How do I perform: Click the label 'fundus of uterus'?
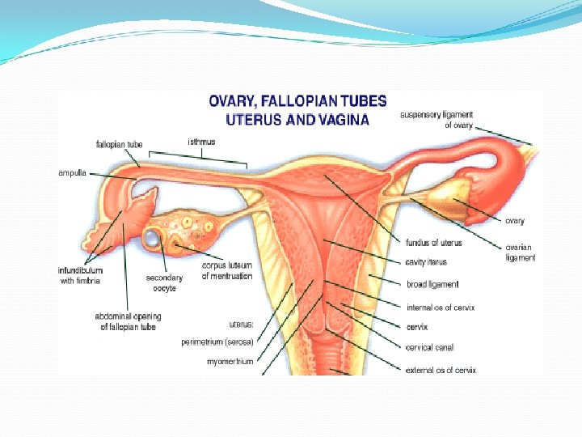[x=433, y=242]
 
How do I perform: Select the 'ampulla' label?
[x=73, y=172]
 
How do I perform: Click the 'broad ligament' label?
[x=432, y=284]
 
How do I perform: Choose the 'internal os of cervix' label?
[x=441, y=305]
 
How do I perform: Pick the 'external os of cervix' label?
[x=441, y=370]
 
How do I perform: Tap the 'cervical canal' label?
[x=429, y=348]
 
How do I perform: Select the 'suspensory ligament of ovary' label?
[x=436, y=121]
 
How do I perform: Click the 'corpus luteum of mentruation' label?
[x=227, y=271]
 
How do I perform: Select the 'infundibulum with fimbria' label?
[x=80, y=275]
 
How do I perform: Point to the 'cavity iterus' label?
[x=427, y=262]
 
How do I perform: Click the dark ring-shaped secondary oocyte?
[x=153, y=238]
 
